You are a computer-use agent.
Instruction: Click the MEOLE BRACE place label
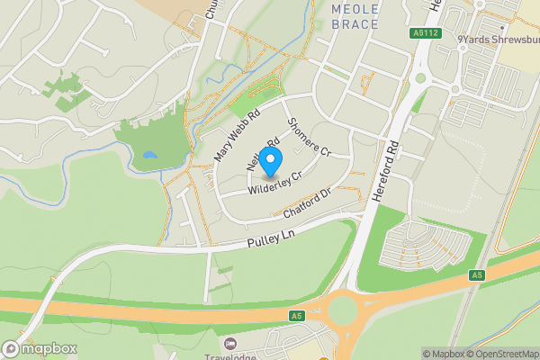click(355, 16)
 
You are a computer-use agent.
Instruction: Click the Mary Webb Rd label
click(237, 136)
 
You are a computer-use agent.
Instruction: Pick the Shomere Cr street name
click(309, 138)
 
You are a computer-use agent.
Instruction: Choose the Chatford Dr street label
click(308, 203)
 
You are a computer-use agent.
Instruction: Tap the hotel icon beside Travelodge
click(230, 344)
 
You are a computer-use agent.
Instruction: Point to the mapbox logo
click(40, 348)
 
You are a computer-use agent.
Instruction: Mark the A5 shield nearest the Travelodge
click(296, 316)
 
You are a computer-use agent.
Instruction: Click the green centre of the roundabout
click(343, 311)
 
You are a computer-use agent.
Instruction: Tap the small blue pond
click(149, 155)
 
